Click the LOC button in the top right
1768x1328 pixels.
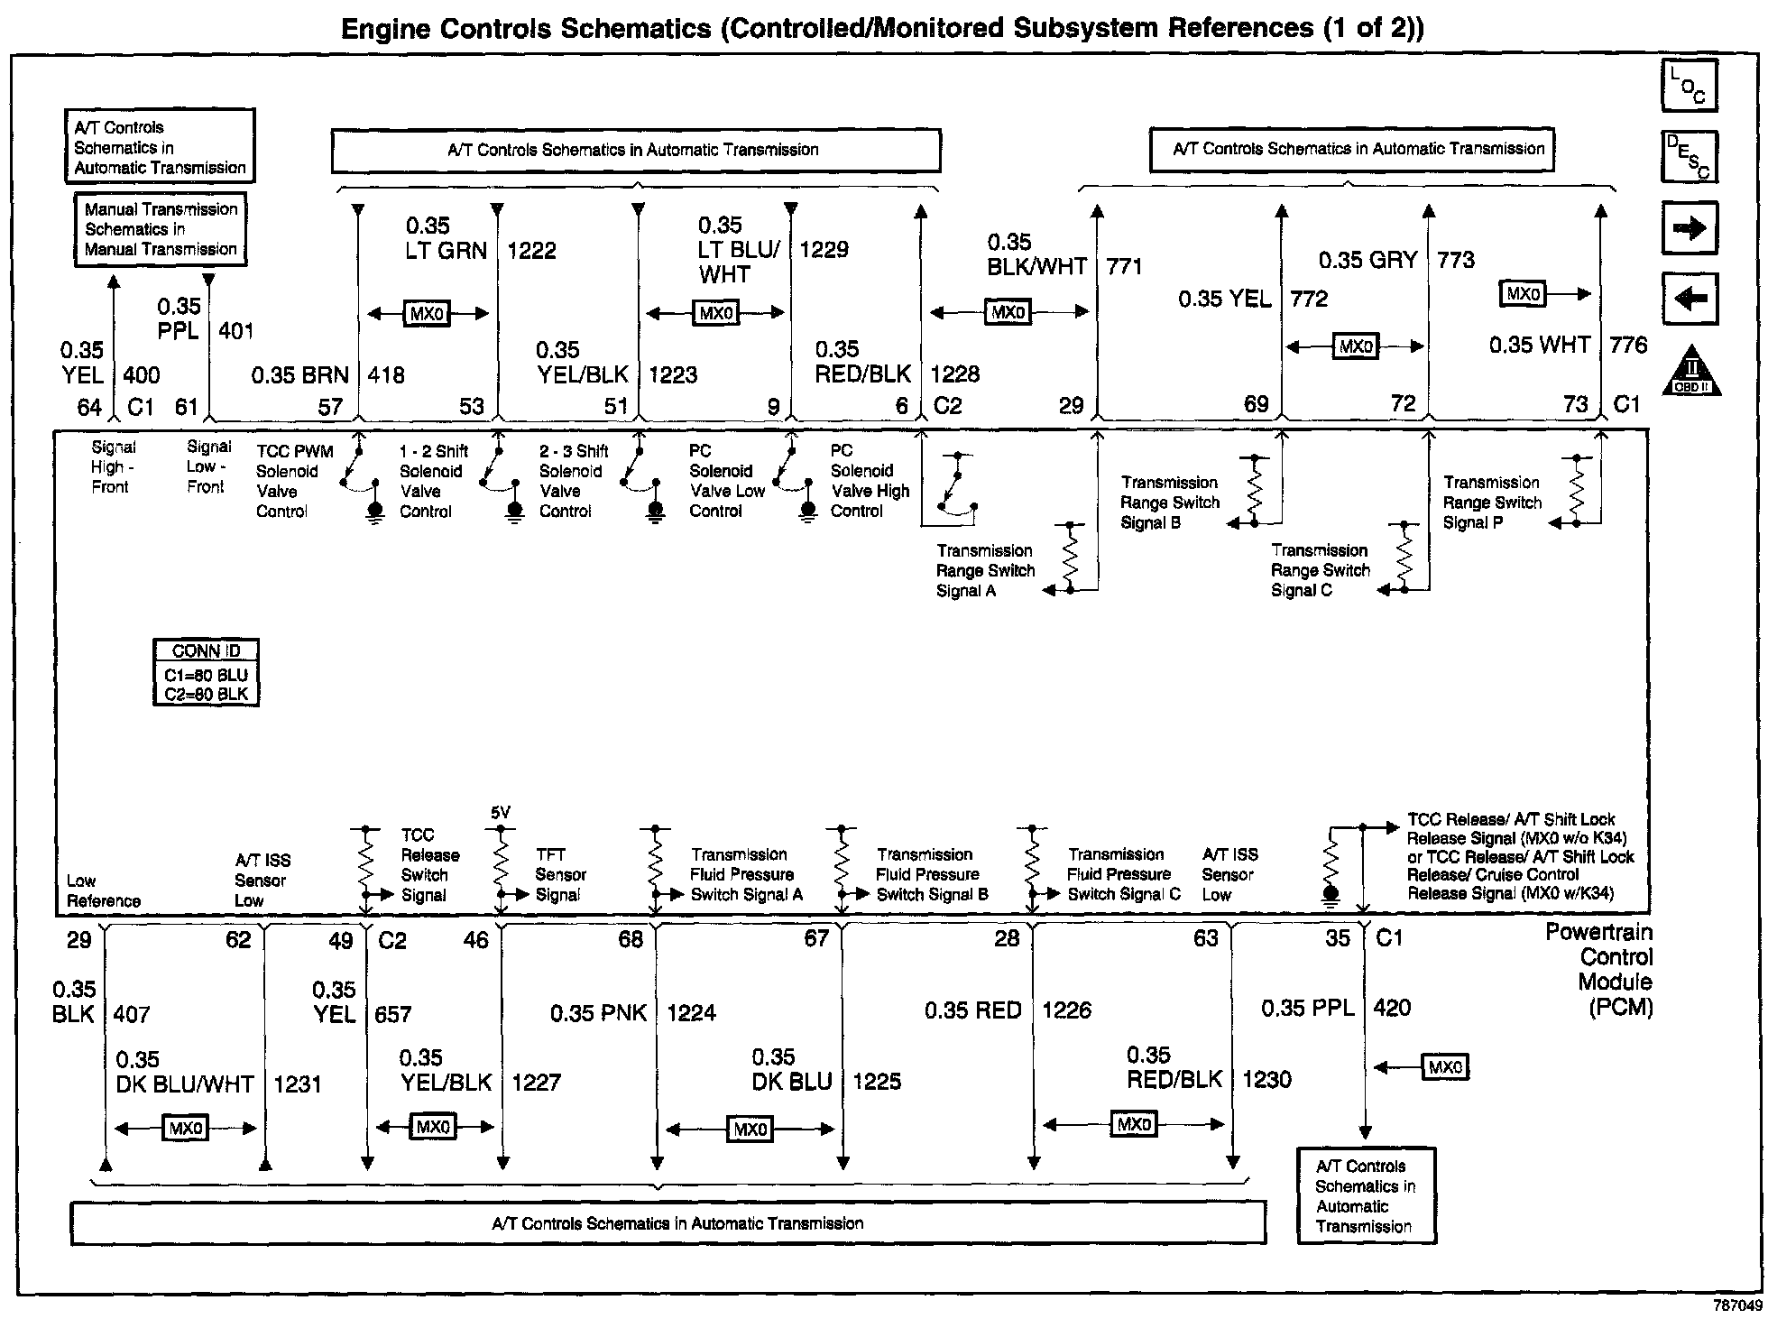coord(1689,86)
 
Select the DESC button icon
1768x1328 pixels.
coord(1689,157)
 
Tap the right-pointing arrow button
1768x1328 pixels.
coord(1689,227)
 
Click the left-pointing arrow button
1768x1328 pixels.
coord(1689,298)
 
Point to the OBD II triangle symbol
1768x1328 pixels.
coord(1691,372)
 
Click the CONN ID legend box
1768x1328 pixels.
coord(206,673)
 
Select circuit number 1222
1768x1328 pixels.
coord(531,251)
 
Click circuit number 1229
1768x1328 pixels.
coord(824,250)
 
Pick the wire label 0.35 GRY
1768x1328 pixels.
coord(1367,261)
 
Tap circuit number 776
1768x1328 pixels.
coord(1627,345)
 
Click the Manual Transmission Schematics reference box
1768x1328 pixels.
coord(161,229)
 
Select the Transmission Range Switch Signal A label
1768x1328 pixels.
coord(985,570)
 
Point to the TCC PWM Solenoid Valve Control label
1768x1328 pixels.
coord(294,481)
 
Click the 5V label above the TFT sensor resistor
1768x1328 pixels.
coord(501,813)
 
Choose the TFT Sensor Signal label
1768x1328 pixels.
coord(560,874)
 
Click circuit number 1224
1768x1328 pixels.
coord(691,1013)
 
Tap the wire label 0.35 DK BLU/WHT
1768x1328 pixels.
coord(184,1072)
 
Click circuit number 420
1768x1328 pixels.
coord(1392,1008)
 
